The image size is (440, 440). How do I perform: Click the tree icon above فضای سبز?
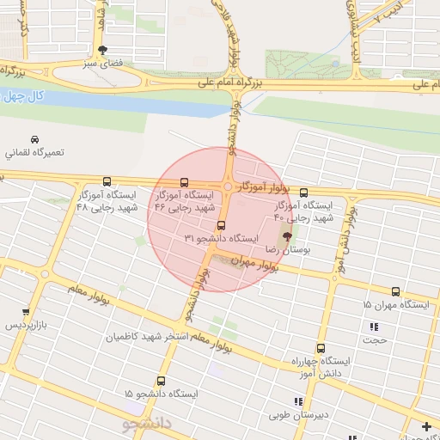pos(103,50)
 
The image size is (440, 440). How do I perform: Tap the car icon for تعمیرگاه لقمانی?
pos(34,140)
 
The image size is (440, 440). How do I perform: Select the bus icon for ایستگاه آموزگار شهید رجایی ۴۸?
pos(107,181)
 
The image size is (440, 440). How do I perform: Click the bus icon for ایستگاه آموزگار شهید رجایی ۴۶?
pos(185,182)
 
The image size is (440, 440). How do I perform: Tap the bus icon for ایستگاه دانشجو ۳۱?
pos(221,226)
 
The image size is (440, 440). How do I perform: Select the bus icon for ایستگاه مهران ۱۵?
pos(395,291)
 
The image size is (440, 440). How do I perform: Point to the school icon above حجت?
pos(373,327)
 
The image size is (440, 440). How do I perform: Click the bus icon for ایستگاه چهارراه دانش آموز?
pos(321,349)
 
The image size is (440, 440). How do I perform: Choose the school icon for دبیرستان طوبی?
pos(298,401)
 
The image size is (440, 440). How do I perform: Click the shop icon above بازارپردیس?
pos(26,313)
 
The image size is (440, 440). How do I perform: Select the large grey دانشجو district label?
pos(148,423)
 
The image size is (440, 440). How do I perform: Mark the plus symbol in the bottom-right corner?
pos(427,426)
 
